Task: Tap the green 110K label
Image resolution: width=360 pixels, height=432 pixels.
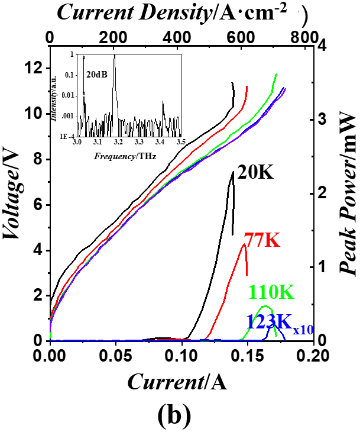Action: (x=271, y=292)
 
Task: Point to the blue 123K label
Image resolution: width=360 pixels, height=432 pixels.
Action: (x=267, y=322)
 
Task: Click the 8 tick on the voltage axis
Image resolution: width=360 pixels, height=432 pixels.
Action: (x=36, y=159)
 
